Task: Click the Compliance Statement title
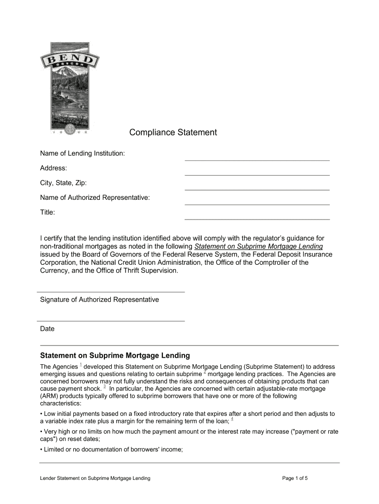click(x=173, y=132)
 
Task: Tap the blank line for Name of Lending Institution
click(x=257, y=160)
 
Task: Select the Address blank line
click(x=257, y=175)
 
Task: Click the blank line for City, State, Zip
click(x=257, y=189)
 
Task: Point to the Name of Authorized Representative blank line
click(x=257, y=204)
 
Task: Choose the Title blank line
click(x=257, y=219)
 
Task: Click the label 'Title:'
click(x=47, y=212)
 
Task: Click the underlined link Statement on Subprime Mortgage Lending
click(x=259, y=246)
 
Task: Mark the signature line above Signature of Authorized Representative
click(x=112, y=292)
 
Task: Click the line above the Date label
click(x=112, y=321)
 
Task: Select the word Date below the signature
click(x=47, y=329)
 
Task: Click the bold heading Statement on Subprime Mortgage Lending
click(x=115, y=355)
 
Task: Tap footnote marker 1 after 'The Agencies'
click(x=80, y=365)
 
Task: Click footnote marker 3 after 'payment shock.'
click(x=104, y=386)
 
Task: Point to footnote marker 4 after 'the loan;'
click(x=232, y=419)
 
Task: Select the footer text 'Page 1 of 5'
click(x=295, y=478)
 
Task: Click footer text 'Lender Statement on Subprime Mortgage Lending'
click(x=95, y=478)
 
